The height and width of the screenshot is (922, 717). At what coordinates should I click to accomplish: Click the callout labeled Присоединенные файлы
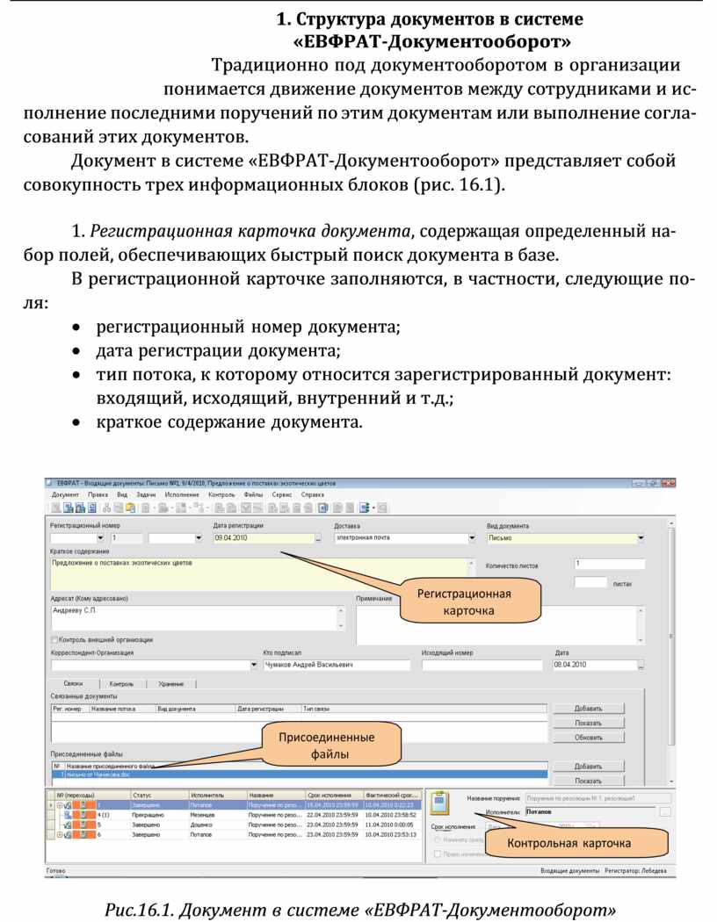327,745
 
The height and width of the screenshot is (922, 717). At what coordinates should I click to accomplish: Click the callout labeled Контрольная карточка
569,843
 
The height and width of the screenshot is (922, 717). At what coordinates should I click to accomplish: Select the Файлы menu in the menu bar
253,495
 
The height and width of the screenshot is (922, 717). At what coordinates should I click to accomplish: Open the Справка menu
313,495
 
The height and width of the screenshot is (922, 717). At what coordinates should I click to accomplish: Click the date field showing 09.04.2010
262,537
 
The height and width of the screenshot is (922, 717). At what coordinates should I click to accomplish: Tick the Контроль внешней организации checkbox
55,639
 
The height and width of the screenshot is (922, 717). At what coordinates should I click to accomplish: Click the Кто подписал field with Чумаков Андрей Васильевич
336,665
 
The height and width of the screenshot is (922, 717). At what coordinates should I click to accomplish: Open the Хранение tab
171,683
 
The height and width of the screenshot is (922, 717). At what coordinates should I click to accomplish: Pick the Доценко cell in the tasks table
203,825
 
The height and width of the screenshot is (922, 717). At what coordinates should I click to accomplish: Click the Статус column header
142,794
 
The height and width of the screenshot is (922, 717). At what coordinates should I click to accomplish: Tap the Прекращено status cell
148,815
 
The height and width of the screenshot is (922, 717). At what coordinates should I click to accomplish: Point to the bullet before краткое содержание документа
79,422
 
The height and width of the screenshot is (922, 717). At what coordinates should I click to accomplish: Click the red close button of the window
669,483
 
